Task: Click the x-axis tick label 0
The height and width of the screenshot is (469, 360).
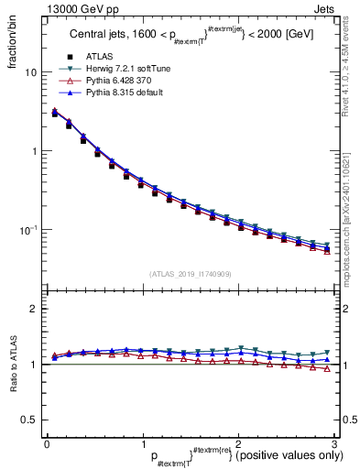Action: click(47, 444)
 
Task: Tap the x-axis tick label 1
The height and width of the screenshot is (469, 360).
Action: click(142, 444)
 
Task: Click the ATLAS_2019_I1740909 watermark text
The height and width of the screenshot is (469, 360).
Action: click(191, 274)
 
